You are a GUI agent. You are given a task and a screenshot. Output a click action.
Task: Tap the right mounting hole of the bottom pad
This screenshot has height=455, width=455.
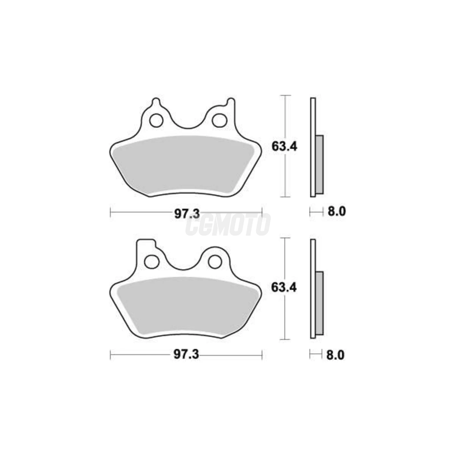214,261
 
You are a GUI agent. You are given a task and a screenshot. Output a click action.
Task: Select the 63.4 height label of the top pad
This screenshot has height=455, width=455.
284,147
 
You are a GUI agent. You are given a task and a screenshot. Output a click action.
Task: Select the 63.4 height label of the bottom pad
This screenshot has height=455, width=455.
284,287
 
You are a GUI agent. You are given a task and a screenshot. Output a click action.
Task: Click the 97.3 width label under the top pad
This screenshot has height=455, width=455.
187,214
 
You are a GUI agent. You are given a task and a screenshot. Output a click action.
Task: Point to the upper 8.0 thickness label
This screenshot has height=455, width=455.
336,212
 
